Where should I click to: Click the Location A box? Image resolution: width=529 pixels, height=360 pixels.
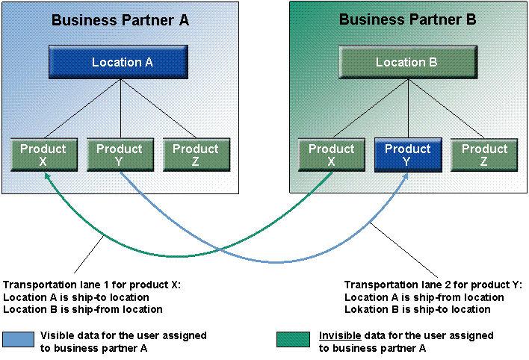point(122,63)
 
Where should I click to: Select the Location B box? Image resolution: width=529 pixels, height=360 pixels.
point(406,63)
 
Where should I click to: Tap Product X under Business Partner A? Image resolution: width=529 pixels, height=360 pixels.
point(43,155)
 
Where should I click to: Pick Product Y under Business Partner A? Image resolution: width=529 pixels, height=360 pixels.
point(119,155)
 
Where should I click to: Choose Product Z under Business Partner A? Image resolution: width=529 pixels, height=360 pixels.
point(195,155)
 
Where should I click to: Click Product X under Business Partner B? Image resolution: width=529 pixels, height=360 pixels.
point(331,155)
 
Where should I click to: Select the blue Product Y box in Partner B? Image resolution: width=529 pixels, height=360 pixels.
point(407,155)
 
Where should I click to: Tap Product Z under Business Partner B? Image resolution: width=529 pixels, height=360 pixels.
point(483,155)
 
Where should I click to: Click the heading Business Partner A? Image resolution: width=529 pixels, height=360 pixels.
point(120,20)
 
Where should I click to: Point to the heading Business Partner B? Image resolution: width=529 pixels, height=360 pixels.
point(407,20)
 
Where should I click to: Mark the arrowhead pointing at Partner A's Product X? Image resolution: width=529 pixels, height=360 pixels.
point(46,175)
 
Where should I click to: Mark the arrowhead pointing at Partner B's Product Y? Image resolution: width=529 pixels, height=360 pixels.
point(407,175)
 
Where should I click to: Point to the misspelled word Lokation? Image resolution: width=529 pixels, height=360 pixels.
point(365,309)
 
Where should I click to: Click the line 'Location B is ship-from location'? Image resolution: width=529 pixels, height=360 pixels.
point(82,309)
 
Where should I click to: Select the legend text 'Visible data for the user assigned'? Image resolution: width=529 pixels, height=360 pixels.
point(123,336)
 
